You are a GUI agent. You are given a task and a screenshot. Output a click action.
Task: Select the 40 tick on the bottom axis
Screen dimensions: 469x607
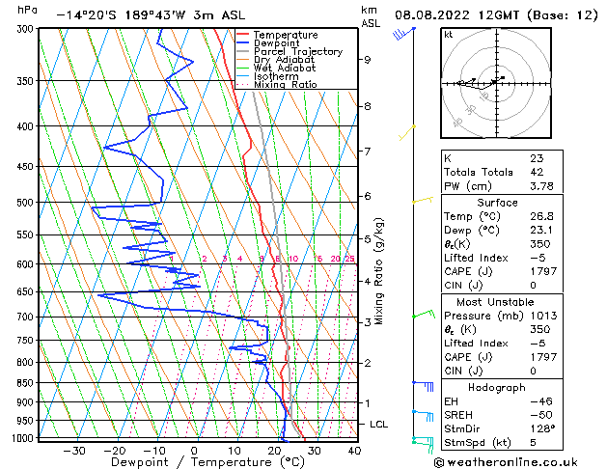(353, 451)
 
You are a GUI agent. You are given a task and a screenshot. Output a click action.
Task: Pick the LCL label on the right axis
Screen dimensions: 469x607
(380, 424)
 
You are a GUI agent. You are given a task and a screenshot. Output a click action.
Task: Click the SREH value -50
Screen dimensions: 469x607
(538, 415)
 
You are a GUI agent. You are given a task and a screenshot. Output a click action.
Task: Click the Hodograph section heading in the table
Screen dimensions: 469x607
(497, 387)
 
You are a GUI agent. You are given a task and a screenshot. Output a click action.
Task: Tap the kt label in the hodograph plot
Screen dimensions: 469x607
(448, 34)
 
